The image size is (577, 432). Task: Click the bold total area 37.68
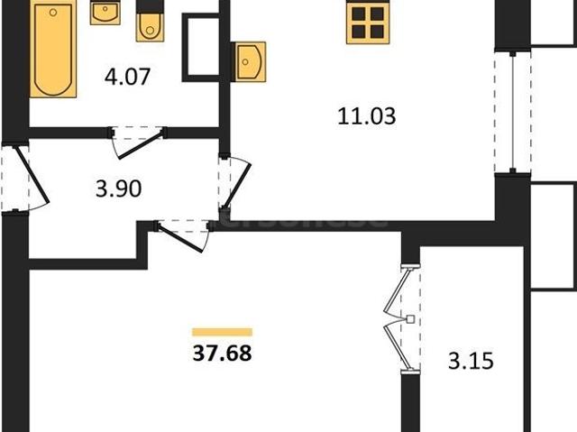pyautogui.click(x=222, y=353)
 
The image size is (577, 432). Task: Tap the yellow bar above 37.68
pyautogui.click(x=222, y=332)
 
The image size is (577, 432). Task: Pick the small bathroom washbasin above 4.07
pyautogui.click(x=105, y=14)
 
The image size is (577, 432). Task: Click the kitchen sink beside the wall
pyautogui.click(x=249, y=60)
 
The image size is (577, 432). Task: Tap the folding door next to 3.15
pyautogui.click(x=403, y=317)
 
